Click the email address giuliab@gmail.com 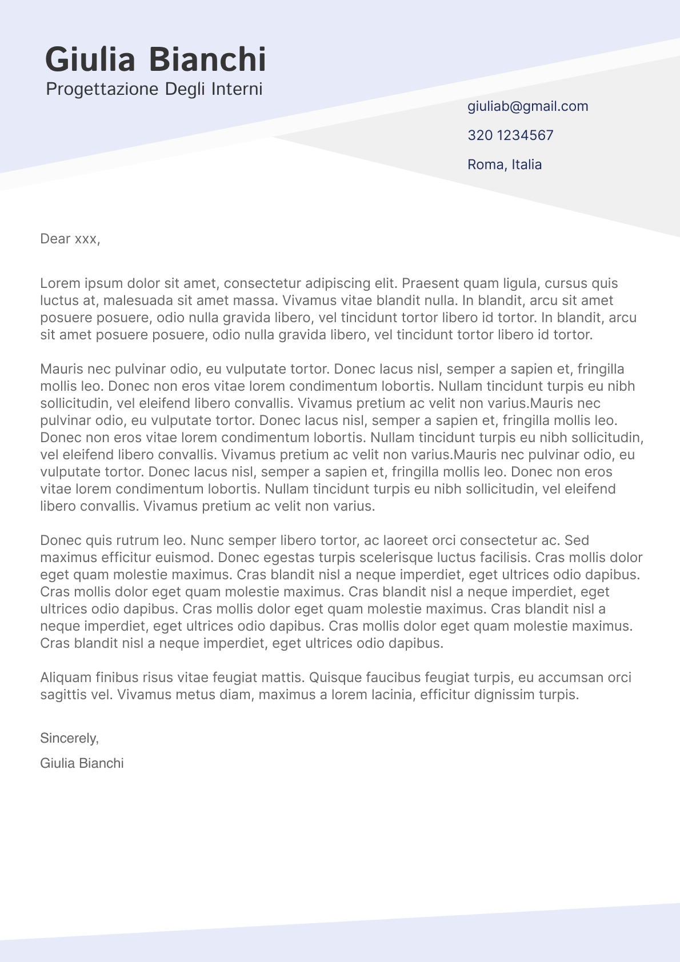527,106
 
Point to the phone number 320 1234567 510,135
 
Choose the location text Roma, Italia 505,165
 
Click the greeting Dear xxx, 70,239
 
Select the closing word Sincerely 69,738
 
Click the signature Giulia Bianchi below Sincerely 82,763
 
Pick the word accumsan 570,678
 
